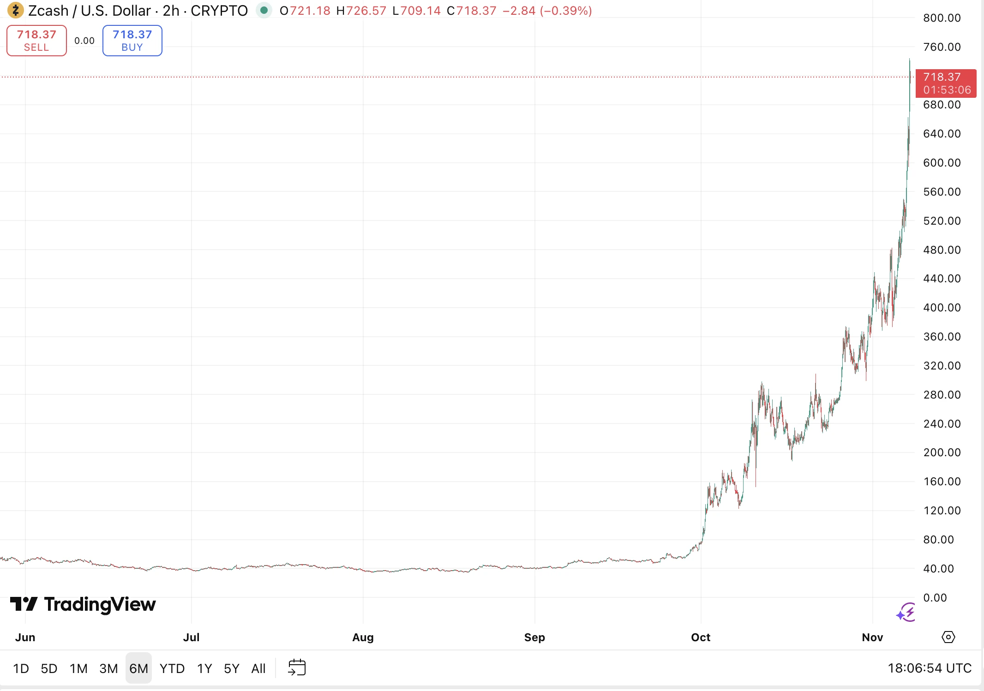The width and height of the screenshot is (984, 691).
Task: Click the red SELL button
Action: [36, 41]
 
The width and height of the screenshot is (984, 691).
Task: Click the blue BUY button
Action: [132, 41]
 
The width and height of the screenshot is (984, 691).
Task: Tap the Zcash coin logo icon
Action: [15, 10]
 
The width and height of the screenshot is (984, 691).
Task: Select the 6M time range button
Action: [138, 668]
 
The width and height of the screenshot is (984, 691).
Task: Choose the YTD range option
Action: [172, 668]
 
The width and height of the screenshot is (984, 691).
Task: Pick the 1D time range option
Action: [21, 668]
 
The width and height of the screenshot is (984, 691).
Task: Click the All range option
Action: [258, 668]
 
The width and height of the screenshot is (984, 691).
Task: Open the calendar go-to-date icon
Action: [297, 667]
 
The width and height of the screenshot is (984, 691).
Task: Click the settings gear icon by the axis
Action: [948, 637]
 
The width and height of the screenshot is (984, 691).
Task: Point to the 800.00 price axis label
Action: [942, 18]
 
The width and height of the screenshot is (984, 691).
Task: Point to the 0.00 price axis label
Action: [935, 597]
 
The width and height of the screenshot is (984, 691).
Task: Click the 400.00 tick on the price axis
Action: [942, 308]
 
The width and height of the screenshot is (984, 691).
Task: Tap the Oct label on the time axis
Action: [700, 637]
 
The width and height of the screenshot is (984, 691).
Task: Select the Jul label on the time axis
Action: [191, 637]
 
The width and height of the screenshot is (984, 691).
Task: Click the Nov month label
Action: [872, 637]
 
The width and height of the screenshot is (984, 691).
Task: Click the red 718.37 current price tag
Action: [946, 83]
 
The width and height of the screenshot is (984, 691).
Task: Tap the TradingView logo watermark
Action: [83, 604]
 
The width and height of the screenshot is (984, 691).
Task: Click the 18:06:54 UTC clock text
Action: [929, 668]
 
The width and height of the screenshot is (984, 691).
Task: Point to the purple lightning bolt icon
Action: [906, 613]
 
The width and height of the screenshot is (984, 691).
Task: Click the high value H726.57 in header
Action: [361, 11]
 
